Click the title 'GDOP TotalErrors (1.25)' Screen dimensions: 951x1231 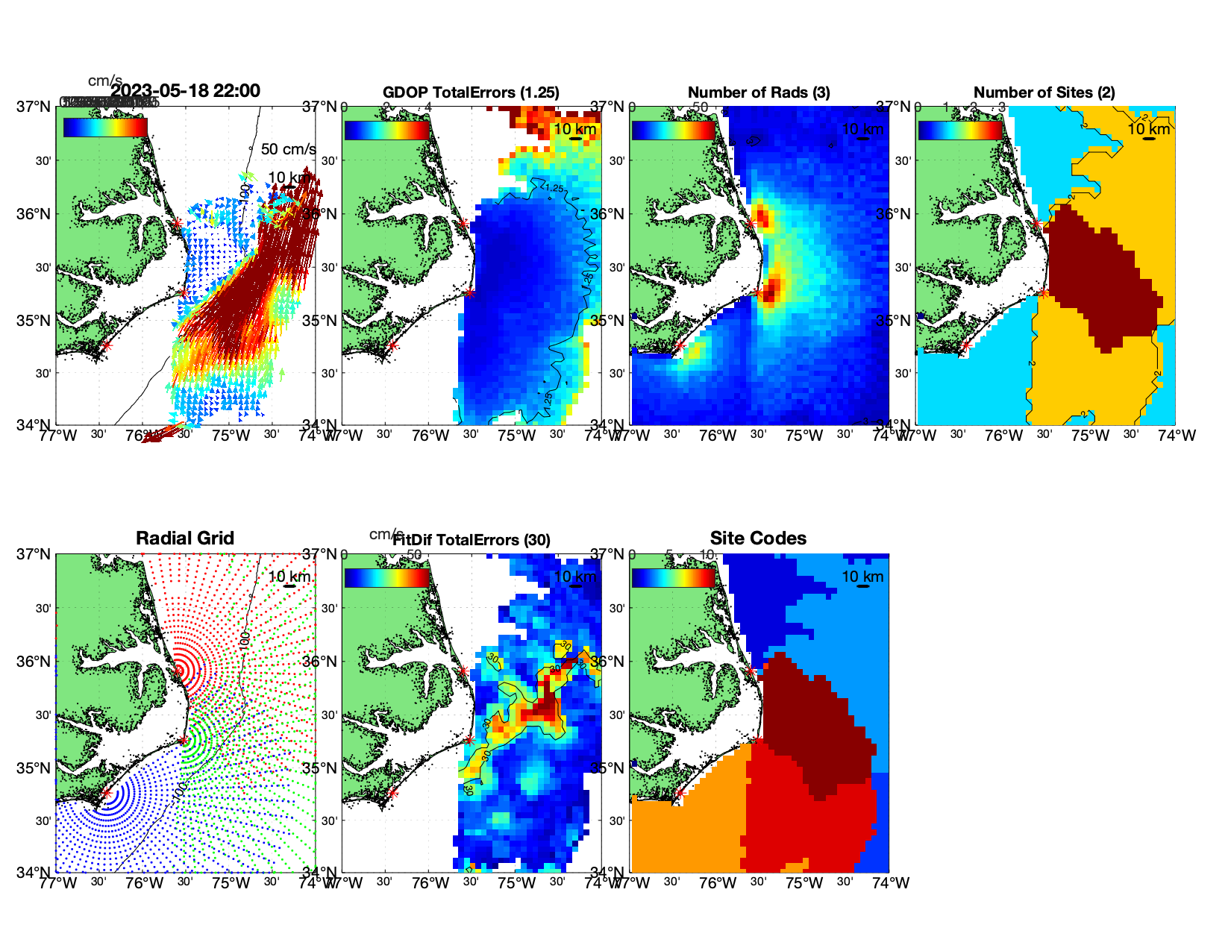tap(471, 92)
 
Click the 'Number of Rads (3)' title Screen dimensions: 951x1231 tap(759, 92)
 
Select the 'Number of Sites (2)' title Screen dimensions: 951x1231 tap(1044, 92)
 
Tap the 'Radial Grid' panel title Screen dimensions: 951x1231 tap(185, 539)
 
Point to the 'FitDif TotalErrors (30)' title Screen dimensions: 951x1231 tap(472, 540)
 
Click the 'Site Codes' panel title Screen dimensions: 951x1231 tap(758, 539)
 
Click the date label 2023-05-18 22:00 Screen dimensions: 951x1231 tap(186, 91)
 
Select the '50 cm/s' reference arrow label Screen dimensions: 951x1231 tap(288, 149)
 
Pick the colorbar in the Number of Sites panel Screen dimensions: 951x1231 tap(960, 130)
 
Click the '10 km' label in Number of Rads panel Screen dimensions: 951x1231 tap(862, 129)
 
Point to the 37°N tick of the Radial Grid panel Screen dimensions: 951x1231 tap(34, 554)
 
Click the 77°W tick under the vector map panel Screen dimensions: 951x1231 tap(57, 436)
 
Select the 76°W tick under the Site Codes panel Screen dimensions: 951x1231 tap(718, 883)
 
